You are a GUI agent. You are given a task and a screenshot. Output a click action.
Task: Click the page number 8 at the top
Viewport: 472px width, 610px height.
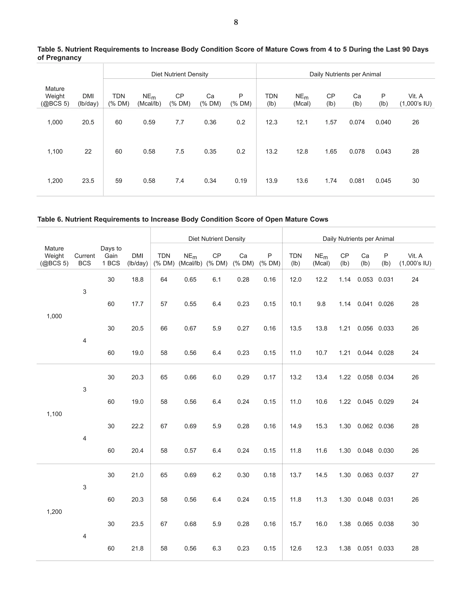pos(236,22)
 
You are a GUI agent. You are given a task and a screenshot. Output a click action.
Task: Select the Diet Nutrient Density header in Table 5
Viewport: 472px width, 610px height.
pos(180,74)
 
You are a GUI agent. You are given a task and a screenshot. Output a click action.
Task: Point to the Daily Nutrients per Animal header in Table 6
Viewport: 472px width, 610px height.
pos(358,239)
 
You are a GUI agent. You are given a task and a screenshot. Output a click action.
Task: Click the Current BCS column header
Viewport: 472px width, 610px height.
pos(84,259)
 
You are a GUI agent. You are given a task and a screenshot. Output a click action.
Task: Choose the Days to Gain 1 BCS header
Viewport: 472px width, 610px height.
pos(111,256)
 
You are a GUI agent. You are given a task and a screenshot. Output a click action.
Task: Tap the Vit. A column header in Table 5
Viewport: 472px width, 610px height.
pos(416,100)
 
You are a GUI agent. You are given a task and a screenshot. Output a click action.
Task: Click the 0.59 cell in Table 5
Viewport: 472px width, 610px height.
pos(149,122)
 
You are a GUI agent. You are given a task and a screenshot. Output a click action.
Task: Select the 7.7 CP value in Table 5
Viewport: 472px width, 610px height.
pos(180,122)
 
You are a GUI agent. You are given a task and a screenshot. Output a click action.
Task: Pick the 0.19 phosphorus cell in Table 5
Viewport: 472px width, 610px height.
pos(241,181)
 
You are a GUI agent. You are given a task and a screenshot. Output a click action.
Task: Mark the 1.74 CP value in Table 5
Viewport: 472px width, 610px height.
pos(331,181)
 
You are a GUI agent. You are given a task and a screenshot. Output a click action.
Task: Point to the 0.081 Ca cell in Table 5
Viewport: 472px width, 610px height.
pos(357,181)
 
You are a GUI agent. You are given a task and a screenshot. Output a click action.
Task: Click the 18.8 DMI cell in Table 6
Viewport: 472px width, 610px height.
pos(137,280)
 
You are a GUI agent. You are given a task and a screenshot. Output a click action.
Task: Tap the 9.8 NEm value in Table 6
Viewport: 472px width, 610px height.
pos(321,304)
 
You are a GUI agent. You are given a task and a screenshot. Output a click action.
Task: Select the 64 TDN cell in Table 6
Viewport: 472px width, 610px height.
pos(164,280)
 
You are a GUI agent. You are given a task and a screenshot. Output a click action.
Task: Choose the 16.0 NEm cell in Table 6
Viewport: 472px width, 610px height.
pos(321,524)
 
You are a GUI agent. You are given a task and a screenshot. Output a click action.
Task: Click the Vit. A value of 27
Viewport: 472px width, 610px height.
pos(415,475)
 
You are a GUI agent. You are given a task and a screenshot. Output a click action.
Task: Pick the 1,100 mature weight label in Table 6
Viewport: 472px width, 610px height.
pos(54,414)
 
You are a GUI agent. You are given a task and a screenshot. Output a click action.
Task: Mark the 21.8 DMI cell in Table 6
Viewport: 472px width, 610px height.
pos(137,548)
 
